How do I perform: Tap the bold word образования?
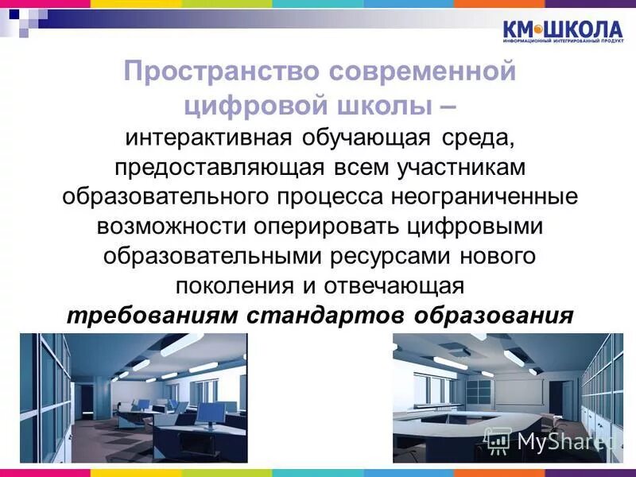click(494, 314)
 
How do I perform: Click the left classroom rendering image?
click(134, 397)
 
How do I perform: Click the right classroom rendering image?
click(507, 397)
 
